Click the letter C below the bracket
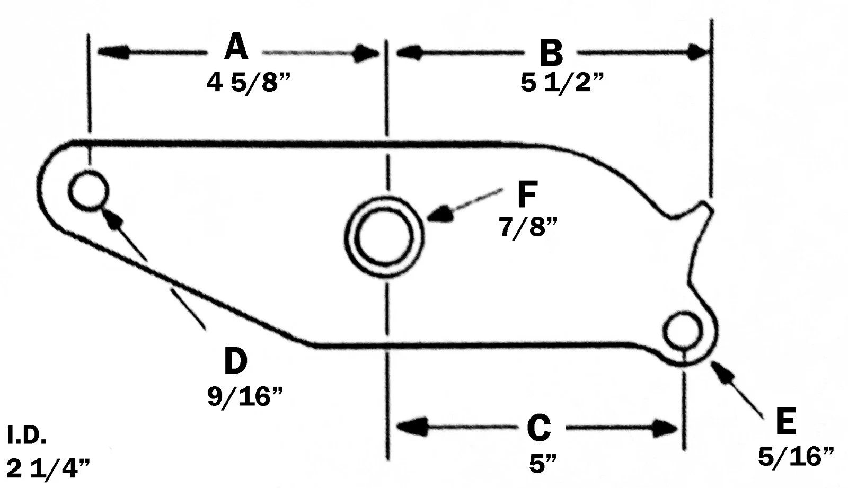539,428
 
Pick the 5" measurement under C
543,464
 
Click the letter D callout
235,361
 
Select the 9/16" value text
245,396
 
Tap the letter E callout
785,422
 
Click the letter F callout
527,194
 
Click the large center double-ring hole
384,237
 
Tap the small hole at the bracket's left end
89,191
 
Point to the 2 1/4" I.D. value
48,469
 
